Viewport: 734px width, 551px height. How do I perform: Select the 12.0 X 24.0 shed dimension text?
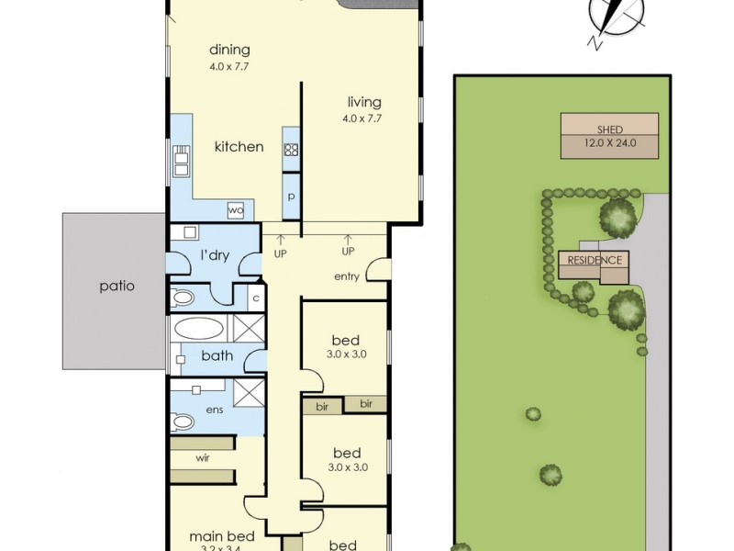(609, 143)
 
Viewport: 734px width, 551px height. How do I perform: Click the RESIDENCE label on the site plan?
(595, 260)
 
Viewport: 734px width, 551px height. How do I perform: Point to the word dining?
(229, 51)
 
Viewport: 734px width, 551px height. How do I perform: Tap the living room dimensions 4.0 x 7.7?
(363, 118)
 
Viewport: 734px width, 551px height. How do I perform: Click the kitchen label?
(239, 147)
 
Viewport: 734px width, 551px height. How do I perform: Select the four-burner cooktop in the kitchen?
(292, 150)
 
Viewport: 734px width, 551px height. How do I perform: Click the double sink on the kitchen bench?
(181, 163)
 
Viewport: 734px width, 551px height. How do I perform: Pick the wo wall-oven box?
(236, 210)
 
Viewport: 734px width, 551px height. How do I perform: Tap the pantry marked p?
(292, 196)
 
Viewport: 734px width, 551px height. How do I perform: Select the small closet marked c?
(255, 297)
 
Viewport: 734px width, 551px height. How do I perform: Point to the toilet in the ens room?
(182, 422)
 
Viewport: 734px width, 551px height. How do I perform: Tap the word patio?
(117, 286)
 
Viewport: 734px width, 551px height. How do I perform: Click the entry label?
(345, 275)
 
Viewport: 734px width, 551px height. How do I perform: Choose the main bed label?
(215, 536)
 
